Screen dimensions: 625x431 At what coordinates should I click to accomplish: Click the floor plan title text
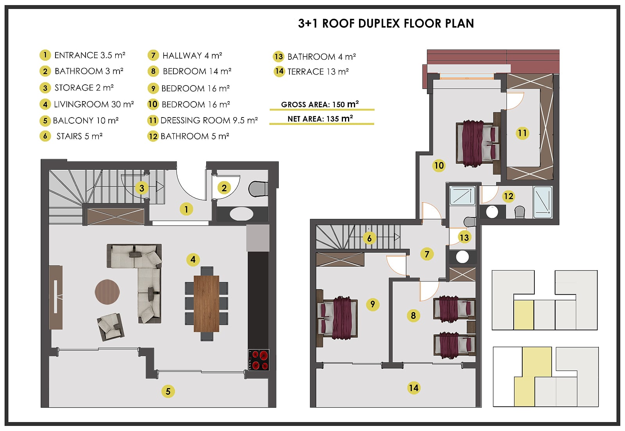click(386, 23)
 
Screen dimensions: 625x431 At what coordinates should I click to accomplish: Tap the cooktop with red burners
click(259, 360)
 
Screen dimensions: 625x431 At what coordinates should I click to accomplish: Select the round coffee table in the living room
click(107, 292)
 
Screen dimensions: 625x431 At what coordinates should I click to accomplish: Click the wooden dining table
click(207, 304)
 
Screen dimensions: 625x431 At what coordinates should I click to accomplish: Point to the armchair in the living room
click(111, 326)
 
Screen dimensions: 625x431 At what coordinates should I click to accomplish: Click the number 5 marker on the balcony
click(168, 391)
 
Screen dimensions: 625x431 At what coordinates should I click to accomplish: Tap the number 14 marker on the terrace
click(414, 388)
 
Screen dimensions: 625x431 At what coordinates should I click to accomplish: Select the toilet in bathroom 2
click(258, 189)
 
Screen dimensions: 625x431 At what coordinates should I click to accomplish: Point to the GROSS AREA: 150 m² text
click(320, 104)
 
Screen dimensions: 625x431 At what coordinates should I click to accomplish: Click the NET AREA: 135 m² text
click(320, 119)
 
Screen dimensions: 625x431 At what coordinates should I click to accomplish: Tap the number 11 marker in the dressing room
click(522, 133)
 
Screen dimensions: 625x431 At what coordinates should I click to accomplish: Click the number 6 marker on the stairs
click(370, 239)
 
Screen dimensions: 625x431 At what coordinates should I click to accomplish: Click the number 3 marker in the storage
click(142, 188)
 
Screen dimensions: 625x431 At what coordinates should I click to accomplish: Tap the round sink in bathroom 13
click(462, 257)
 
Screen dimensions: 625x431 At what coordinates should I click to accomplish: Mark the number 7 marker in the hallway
click(427, 254)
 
